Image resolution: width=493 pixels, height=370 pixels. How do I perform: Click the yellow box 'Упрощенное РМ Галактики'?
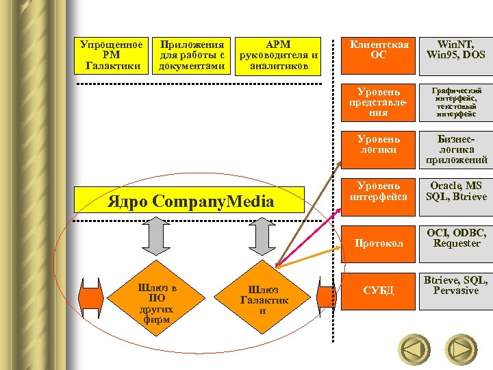(x=112, y=56)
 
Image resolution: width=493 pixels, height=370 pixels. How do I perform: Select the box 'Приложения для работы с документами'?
(x=191, y=56)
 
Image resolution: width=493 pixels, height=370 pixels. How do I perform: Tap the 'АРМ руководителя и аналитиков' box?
(x=278, y=56)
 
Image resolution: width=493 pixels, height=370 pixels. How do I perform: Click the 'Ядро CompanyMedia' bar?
(x=189, y=200)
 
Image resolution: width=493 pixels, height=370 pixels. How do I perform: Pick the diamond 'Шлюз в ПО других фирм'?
(x=156, y=297)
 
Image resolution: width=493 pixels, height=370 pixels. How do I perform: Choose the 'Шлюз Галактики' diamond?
(x=262, y=297)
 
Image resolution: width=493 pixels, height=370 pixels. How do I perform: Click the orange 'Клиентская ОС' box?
(x=378, y=56)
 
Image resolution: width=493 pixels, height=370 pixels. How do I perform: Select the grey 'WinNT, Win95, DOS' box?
(x=456, y=56)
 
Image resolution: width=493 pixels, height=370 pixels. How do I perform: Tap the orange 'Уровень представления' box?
(x=378, y=103)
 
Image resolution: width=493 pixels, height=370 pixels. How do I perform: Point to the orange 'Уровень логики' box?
(x=378, y=150)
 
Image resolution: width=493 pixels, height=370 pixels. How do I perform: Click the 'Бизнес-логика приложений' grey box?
(x=456, y=150)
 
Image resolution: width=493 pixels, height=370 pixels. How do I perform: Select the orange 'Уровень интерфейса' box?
(x=378, y=197)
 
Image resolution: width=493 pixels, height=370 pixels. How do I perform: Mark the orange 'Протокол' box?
(x=378, y=244)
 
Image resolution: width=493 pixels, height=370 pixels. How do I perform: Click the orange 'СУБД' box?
(x=378, y=291)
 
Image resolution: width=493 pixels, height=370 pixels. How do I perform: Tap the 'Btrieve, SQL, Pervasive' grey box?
(x=456, y=291)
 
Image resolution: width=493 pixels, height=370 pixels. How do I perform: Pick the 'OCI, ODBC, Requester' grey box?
(x=456, y=244)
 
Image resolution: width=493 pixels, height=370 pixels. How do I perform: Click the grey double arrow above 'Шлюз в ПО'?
(x=156, y=236)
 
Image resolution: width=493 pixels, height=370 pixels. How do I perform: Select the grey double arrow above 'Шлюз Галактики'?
(x=262, y=236)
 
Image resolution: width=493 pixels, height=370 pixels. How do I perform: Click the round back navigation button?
(x=414, y=349)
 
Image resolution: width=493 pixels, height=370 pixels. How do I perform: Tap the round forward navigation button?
(x=461, y=349)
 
